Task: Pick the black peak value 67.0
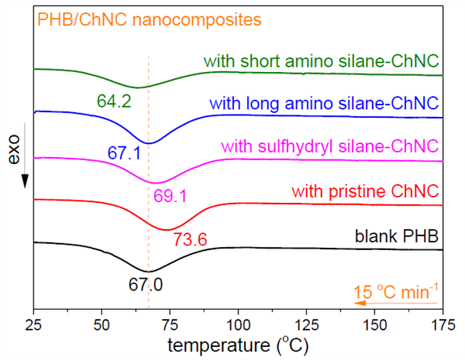click(146, 286)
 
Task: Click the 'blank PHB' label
click(398, 235)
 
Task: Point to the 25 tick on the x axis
click(33, 323)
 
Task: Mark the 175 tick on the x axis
click(443, 323)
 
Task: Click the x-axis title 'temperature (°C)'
click(237, 344)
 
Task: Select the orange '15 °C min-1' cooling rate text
click(395, 293)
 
